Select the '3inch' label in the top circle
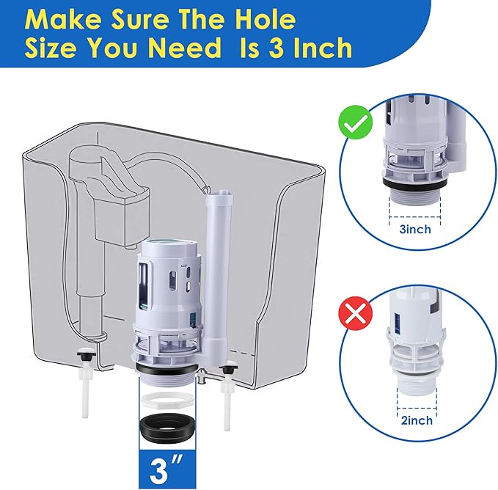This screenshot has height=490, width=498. point(416,230)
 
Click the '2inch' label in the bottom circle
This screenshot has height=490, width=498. point(416,421)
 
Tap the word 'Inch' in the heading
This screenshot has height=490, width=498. point(315,48)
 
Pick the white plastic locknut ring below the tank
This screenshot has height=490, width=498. point(169,401)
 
